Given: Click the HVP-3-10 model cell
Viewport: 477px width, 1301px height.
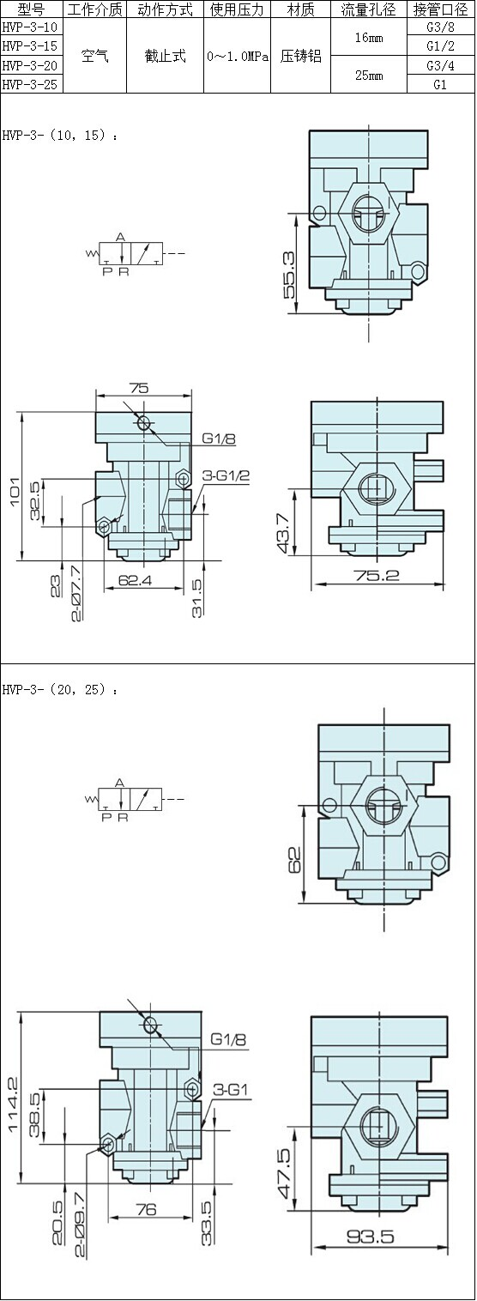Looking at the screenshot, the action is [30, 27].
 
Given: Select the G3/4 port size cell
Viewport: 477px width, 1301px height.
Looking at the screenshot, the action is [440, 65].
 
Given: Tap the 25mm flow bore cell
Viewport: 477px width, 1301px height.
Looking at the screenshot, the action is [369, 76].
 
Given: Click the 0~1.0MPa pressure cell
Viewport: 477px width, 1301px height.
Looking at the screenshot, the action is [238, 57].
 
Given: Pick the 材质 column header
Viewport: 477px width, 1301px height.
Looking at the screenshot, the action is [300, 9].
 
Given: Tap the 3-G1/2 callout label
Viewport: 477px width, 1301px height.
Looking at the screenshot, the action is [226, 475].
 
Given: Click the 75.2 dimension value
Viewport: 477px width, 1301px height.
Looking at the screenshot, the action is [377, 575].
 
